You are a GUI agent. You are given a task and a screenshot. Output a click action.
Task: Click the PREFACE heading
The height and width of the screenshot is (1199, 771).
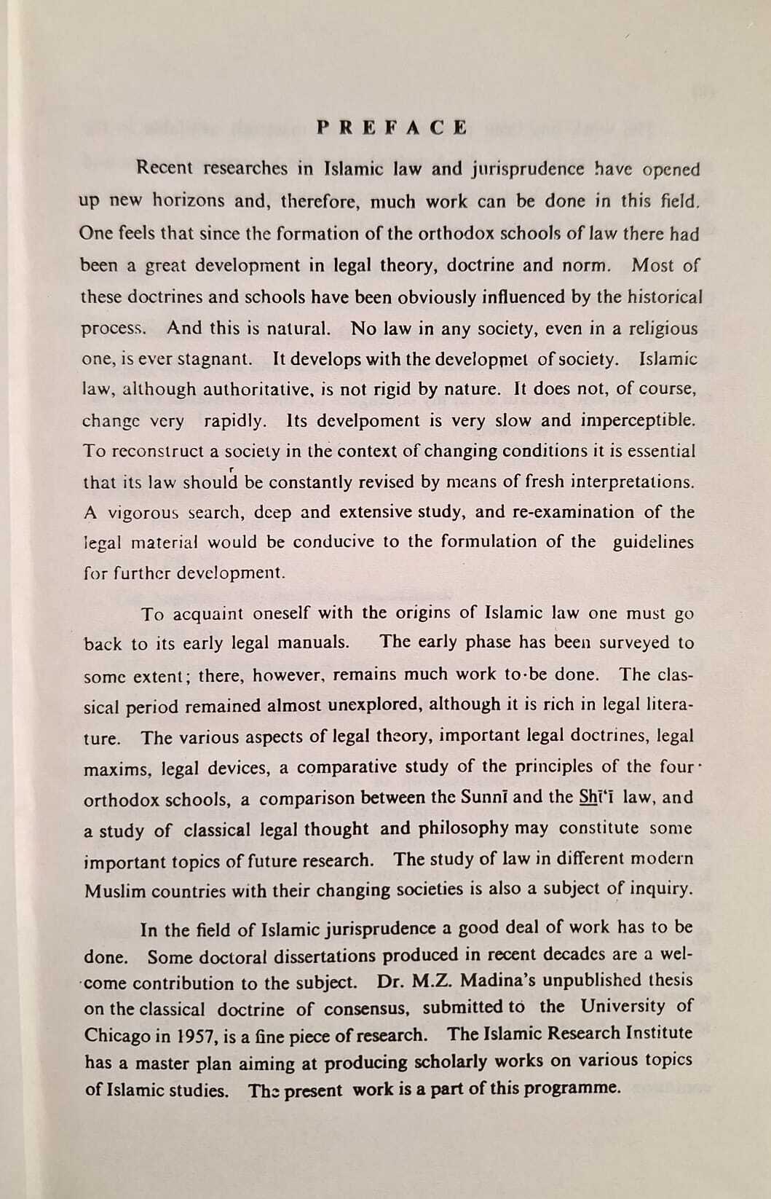click(x=392, y=128)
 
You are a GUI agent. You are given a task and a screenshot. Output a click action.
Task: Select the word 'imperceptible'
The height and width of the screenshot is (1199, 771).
click(x=638, y=420)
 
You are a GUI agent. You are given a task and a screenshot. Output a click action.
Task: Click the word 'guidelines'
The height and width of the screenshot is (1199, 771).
click(x=653, y=543)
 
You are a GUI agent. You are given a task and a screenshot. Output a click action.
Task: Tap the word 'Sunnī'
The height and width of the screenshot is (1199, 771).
click(x=483, y=797)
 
